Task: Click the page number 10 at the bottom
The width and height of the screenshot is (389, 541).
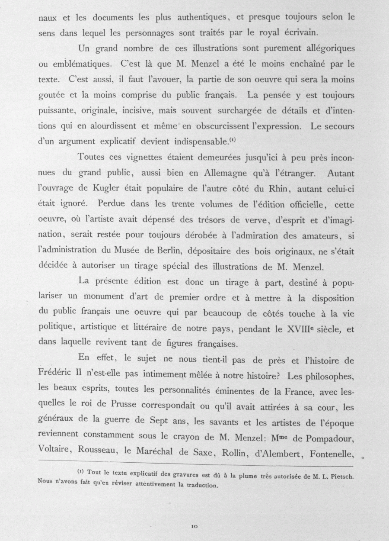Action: [194, 526]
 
